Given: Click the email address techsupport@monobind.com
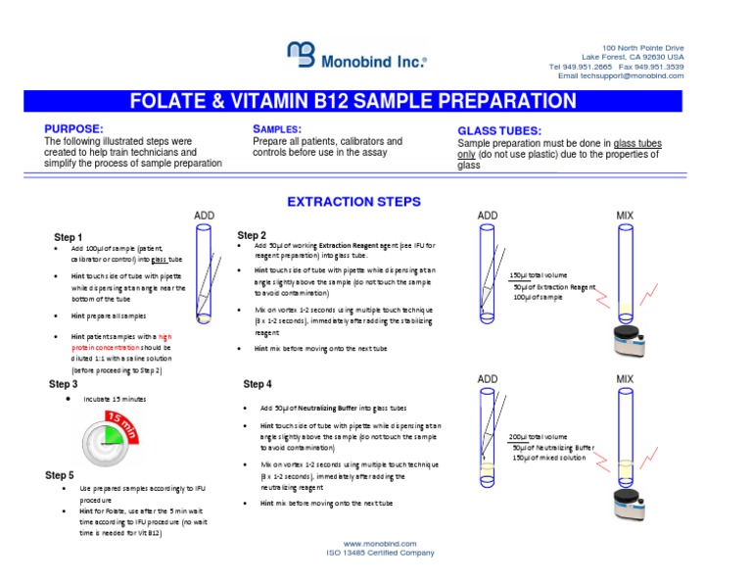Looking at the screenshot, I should [641, 75].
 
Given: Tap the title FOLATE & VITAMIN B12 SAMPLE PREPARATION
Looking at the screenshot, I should [353, 101].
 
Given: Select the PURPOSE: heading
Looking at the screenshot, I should [73, 129].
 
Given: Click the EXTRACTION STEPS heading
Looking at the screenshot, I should [353, 202].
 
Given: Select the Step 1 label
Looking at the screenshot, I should [68, 237].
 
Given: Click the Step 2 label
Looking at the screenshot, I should [252, 235].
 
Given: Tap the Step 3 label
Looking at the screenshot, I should [64, 385].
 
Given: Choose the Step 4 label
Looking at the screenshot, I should [258, 384].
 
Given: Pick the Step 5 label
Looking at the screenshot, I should [60, 475].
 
